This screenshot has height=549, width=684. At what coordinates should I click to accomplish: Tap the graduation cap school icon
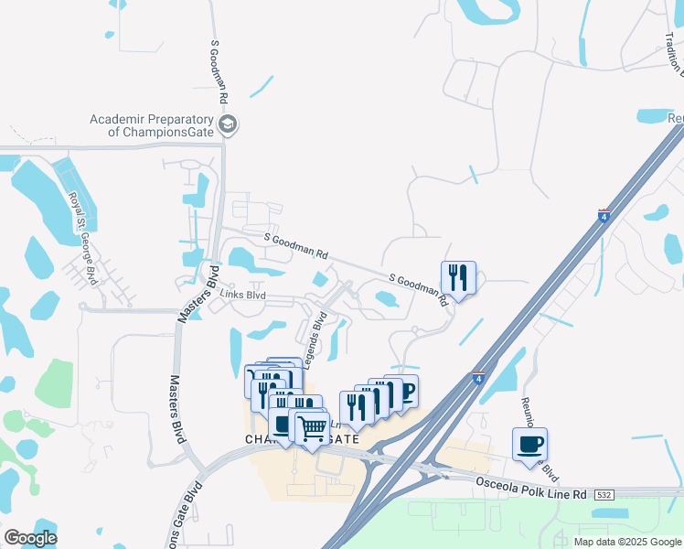click(229, 125)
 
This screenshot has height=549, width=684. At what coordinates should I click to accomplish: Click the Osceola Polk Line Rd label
click(529, 487)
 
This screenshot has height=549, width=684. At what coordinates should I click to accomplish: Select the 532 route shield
click(604, 494)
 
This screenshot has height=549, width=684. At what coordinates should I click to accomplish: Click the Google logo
click(30, 538)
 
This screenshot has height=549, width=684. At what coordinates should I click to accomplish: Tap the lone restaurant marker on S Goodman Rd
click(458, 277)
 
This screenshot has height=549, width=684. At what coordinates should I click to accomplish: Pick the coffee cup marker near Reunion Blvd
click(529, 445)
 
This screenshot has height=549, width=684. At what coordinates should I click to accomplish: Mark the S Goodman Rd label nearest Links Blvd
click(295, 245)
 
